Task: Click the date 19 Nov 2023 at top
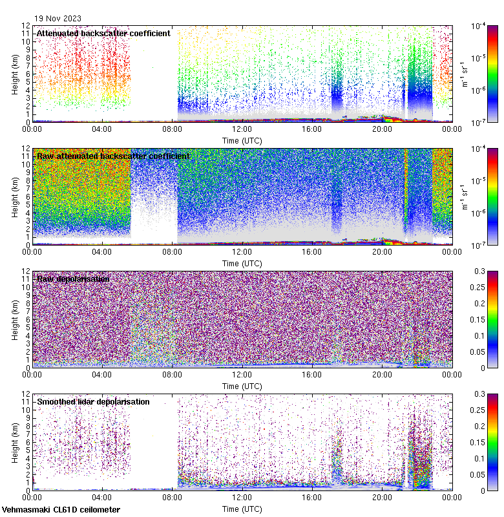coord(58,19)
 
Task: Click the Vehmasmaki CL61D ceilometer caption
coord(60,510)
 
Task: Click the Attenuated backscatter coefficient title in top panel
coord(103,33)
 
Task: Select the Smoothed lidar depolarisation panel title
coord(93,401)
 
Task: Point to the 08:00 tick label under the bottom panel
coord(172,498)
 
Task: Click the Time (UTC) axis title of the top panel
coord(242,140)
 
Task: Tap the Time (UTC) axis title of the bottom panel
coord(242,509)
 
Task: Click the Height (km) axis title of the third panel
coord(15,319)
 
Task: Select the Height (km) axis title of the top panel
coord(15,74)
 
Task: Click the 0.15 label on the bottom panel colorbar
coord(481,442)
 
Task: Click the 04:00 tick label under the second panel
coord(102,252)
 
